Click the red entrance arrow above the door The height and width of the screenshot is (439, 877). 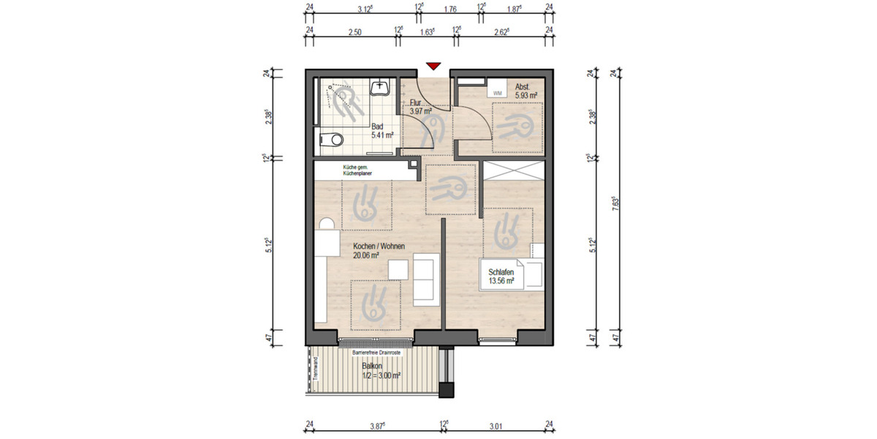pos(433,67)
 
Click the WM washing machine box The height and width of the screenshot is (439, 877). pos(498,94)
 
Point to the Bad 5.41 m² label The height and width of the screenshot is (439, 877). pos(382,131)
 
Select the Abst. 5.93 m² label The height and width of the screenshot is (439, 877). pos(526,91)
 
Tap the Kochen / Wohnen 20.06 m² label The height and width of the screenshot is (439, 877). pos(378,251)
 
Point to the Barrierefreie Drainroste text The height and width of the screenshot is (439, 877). pos(376,352)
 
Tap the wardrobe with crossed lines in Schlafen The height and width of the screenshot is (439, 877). pos(514,170)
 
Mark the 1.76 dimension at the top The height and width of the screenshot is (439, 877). pos(450,10)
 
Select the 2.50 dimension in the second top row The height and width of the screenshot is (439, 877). pos(354,31)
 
